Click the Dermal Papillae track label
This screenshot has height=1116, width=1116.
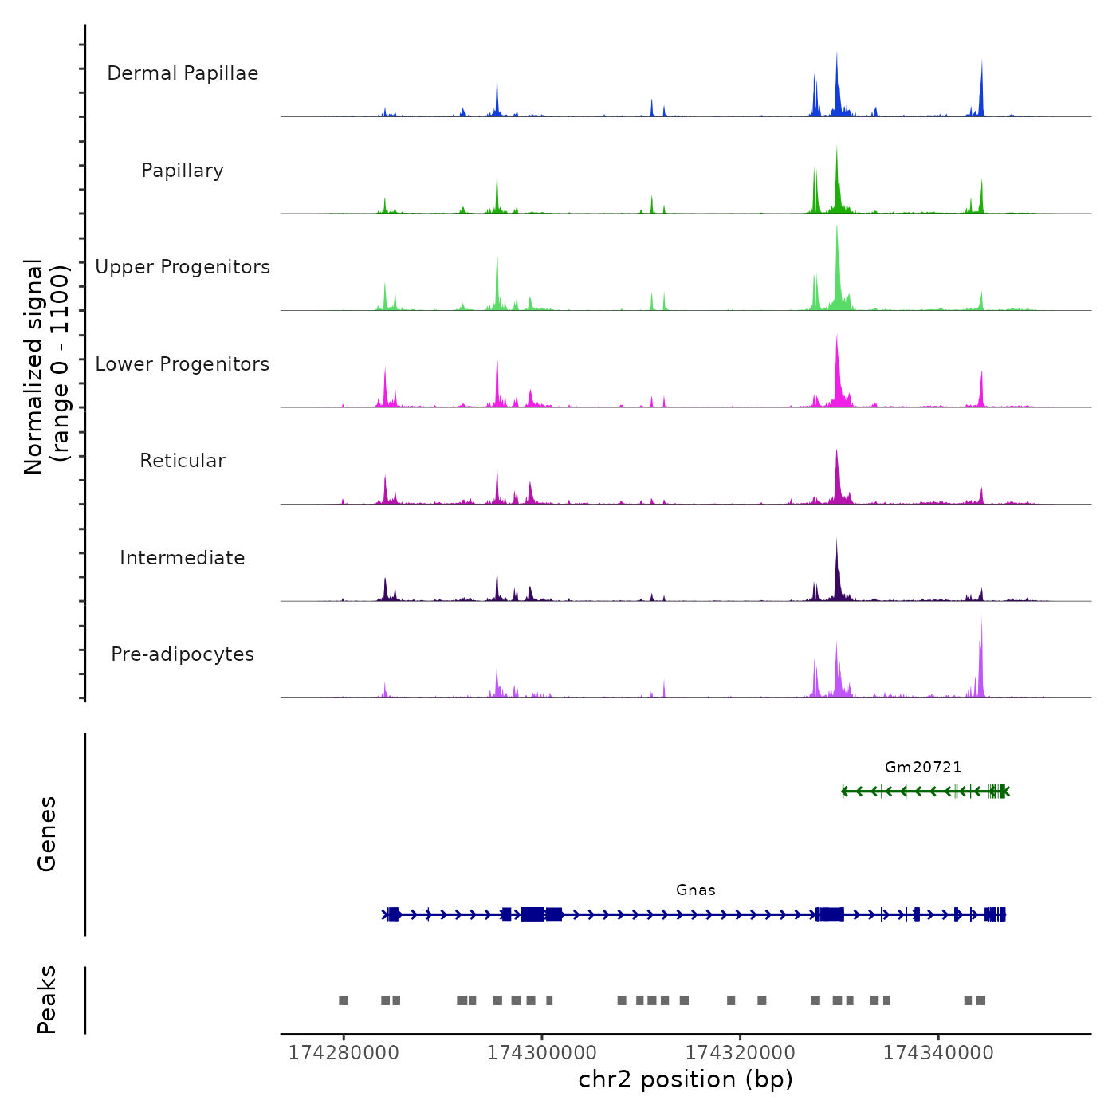[183, 73]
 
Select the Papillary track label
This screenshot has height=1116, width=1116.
[183, 171]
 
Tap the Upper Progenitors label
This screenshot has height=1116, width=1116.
[183, 267]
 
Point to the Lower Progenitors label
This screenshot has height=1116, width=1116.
[183, 364]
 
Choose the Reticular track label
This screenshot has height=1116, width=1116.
[183, 461]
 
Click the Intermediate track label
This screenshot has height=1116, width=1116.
[183, 558]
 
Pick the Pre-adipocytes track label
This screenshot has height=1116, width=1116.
[183, 654]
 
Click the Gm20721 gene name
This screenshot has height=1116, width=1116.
[923, 768]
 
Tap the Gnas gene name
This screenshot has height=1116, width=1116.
[696, 890]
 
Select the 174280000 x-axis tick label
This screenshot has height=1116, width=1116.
[344, 1053]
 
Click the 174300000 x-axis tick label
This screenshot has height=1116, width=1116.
[542, 1053]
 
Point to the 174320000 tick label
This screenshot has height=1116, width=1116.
[741, 1053]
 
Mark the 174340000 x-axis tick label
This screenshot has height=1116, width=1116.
[938, 1053]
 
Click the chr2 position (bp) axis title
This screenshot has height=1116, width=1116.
[686, 1080]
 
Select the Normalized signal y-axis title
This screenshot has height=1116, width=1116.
[46, 367]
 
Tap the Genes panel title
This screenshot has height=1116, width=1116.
[47, 834]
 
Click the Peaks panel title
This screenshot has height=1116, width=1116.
[47, 1000]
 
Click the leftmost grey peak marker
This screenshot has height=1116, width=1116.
[344, 1000]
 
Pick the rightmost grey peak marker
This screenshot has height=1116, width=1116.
[981, 1000]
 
